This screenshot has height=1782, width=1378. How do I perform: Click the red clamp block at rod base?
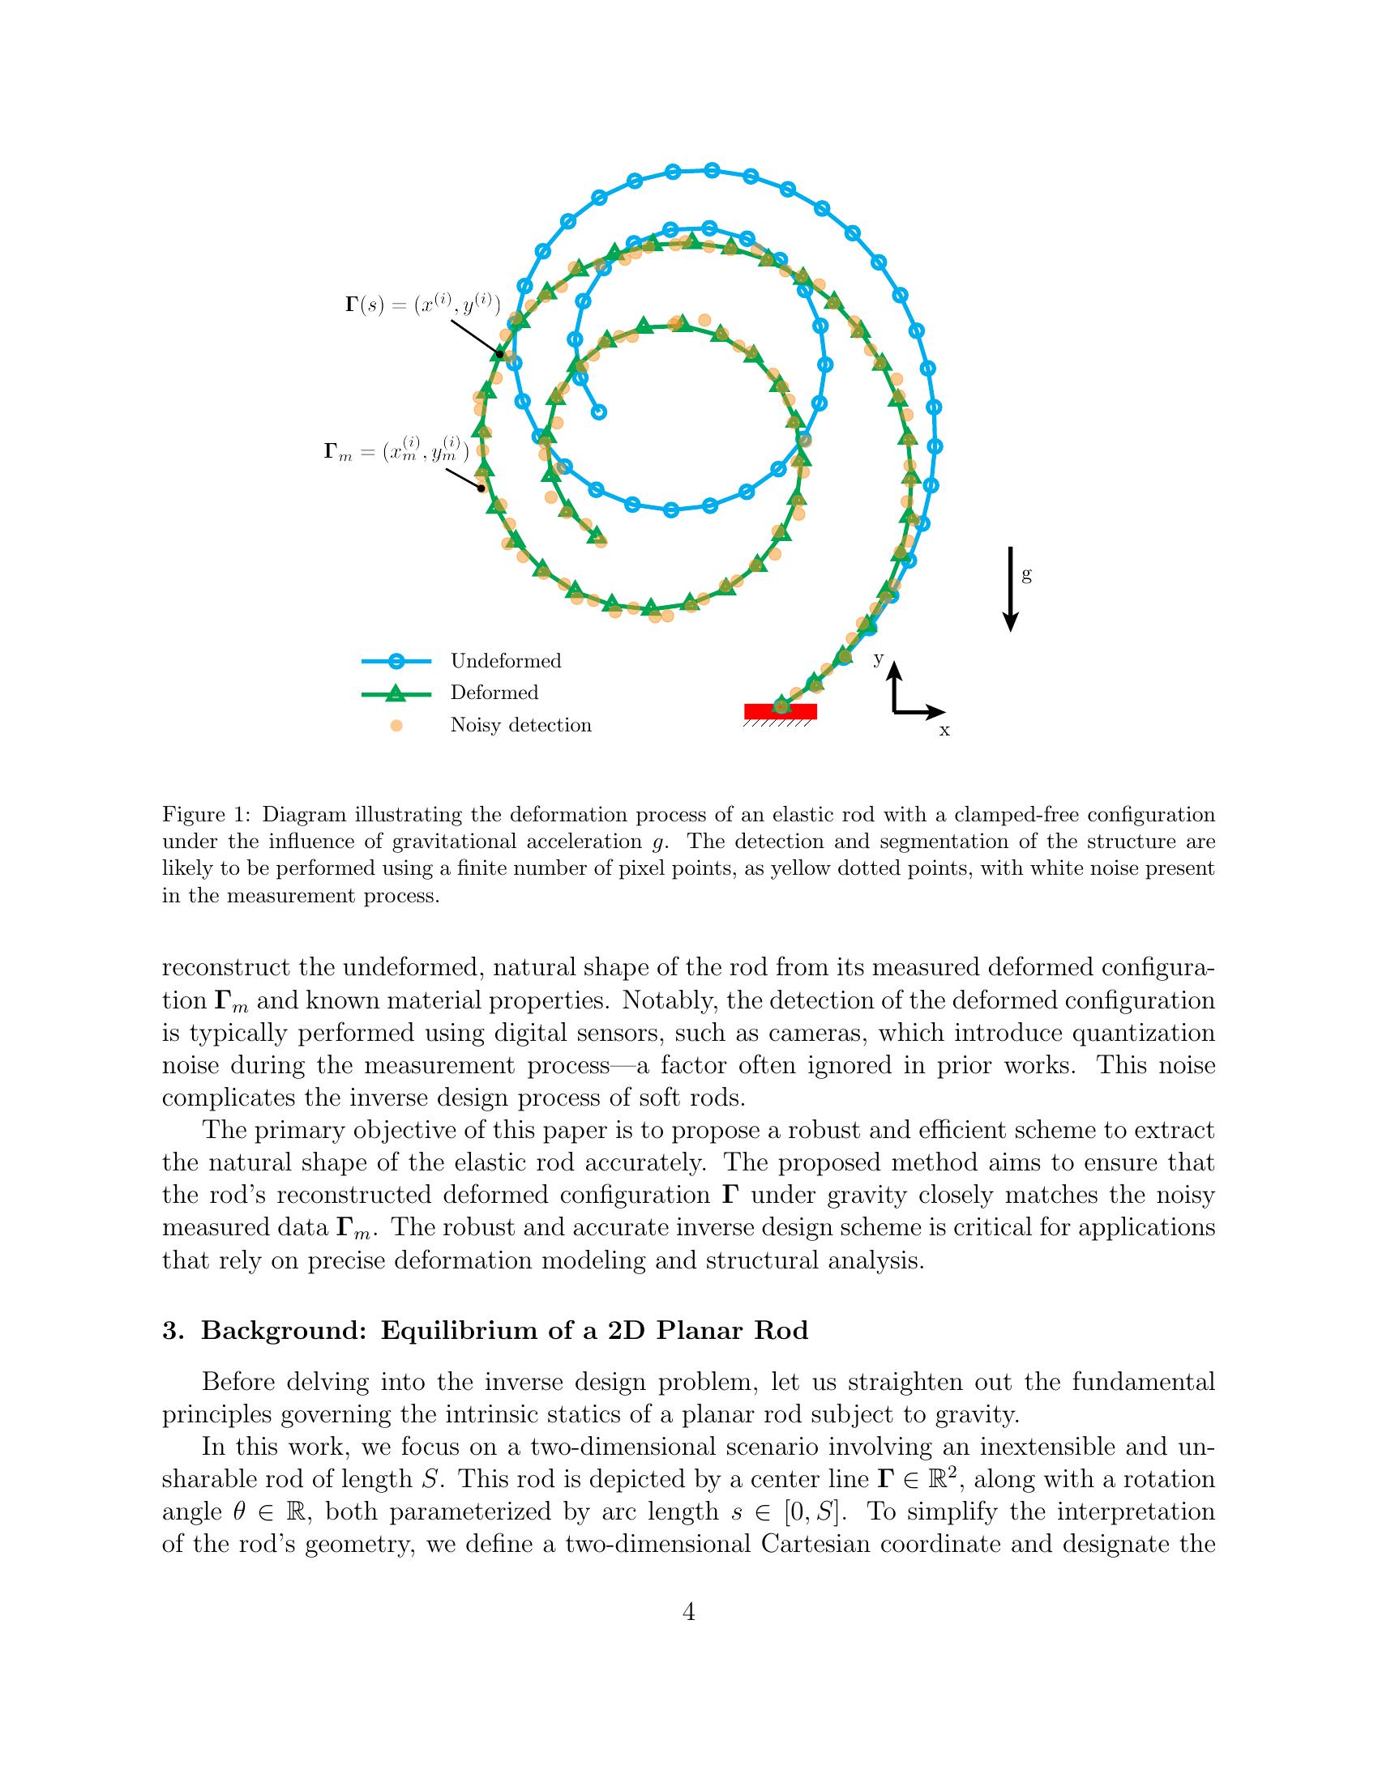(781, 711)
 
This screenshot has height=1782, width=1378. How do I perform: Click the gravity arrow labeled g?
(1011, 589)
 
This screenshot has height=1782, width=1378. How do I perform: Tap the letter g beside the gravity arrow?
(1027, 575)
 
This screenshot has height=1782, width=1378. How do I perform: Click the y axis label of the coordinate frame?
(879, 659)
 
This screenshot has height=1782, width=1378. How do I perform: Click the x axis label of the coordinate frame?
(944, 731)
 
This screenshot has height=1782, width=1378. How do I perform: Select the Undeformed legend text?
(505, 661)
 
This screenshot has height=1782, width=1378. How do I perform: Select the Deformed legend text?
(494, 693)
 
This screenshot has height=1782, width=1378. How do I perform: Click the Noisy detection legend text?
(521, 726)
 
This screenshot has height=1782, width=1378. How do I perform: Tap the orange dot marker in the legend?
(396, 726)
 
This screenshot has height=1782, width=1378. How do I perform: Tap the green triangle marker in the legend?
(396, 693)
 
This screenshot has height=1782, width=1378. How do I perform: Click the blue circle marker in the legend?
(396, 662)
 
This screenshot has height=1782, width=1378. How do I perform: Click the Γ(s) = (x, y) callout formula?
(423, 305)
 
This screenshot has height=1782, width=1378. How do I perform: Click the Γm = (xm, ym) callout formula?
(396, 451)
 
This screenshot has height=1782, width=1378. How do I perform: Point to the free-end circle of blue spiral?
(599, 412)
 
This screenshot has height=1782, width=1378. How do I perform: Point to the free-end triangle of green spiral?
(597, 535)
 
